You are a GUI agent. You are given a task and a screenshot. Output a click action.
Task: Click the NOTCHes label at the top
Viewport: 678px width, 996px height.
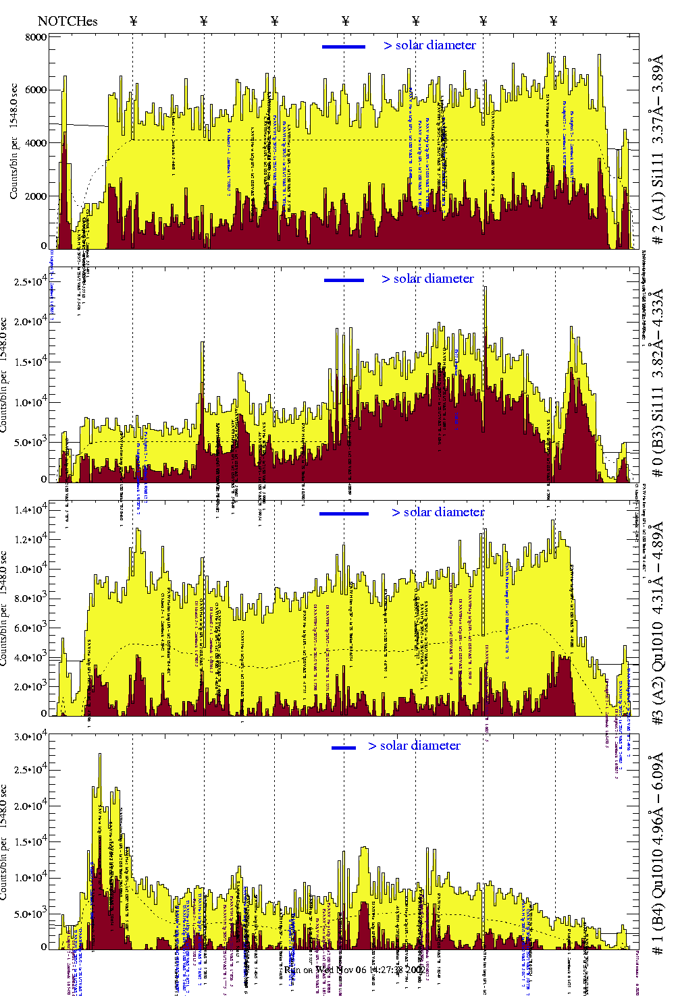click(x=68, y=21)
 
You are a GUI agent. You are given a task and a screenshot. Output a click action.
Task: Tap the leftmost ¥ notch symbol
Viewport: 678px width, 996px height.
click(x=133, y=21)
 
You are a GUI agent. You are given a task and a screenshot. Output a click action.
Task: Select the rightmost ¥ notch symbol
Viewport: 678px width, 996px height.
click(x=554, y=21)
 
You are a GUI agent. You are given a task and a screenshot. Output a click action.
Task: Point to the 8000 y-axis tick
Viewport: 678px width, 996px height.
click(x=36, y=37)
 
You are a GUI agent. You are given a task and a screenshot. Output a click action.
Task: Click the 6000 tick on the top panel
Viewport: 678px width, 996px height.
click(x=36, y=90)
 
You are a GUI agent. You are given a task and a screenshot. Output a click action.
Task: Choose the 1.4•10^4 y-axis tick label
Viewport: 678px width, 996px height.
click(x=30, y=509)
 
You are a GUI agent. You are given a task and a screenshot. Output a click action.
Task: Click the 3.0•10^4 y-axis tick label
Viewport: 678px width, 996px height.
click(x=30, y=737)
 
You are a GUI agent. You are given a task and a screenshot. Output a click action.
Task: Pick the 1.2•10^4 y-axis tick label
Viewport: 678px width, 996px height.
click(x=30, y=538)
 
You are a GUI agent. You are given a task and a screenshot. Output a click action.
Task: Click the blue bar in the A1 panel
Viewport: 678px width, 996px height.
click(x=344, y=47)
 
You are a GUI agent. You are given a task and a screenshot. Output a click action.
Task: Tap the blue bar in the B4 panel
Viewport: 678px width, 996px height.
click(x=344, y=748)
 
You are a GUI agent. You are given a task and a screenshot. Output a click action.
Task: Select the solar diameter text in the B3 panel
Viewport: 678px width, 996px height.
click(x=427, y=279)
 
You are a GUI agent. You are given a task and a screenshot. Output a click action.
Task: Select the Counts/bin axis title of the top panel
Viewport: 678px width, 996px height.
click(x=14, y=142)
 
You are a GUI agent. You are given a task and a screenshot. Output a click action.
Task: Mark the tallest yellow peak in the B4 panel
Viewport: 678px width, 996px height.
click(x=100, y=755)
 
